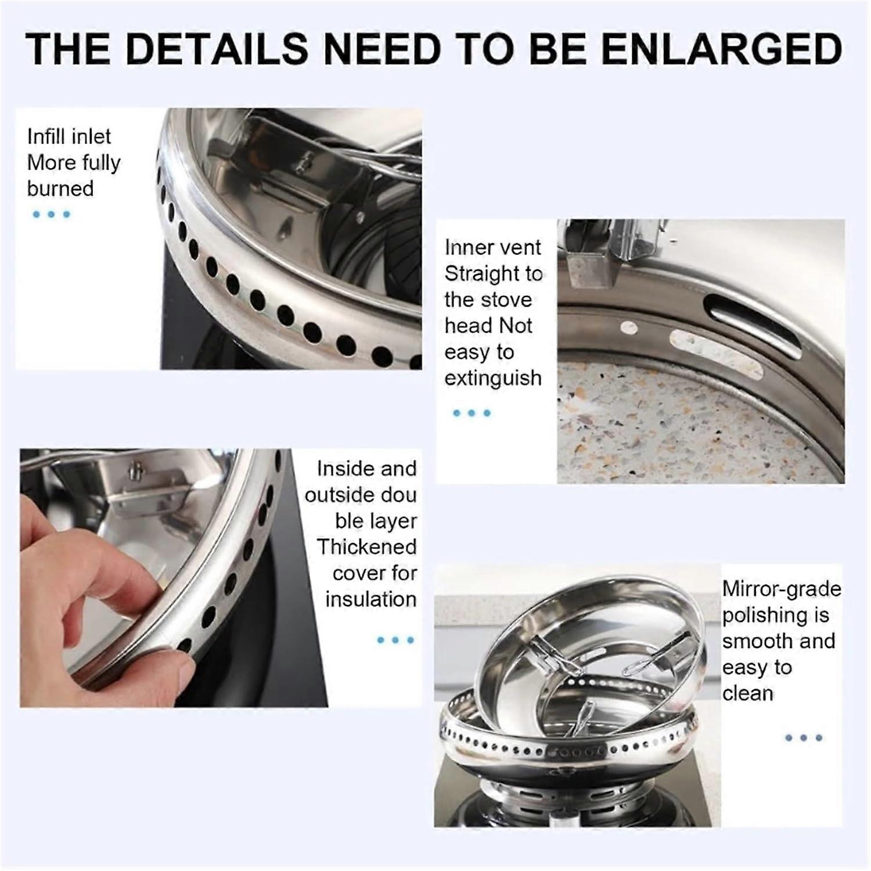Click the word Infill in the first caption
point(48,136)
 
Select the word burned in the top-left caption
point(60,189)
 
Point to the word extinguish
point(493,379)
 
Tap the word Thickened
point(367,547)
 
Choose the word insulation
point(371,599)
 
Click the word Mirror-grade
point(782,589)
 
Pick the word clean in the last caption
point(748,693)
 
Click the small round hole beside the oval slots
point(631,328)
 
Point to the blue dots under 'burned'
point(51,214)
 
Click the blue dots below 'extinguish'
point(472,413)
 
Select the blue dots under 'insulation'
point(395,640)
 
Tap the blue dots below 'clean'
point(804,738)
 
